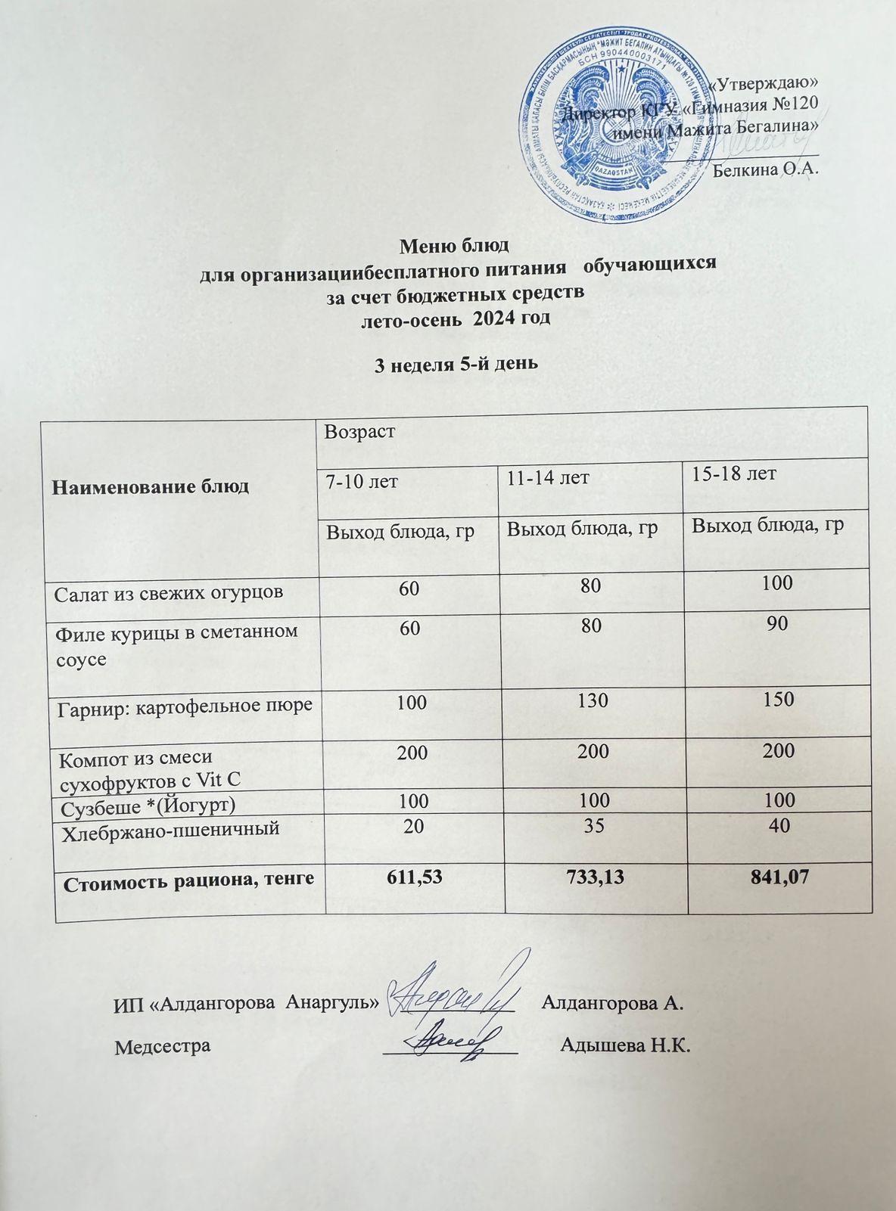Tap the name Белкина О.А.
pyautogui.click(x=766, y=169)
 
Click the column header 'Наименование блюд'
pyautogui.click(x=150, y=486)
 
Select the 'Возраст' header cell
pyautogui.click(x=350, y=432)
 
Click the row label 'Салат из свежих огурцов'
pyautogui.click(x=169, y=592)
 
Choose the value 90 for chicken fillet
pyautogui.click(x=776, y=623)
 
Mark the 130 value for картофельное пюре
pyautogui.click(x=593, y=700)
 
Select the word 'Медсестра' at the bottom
pyautogui.click(x=162, y=1047)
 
